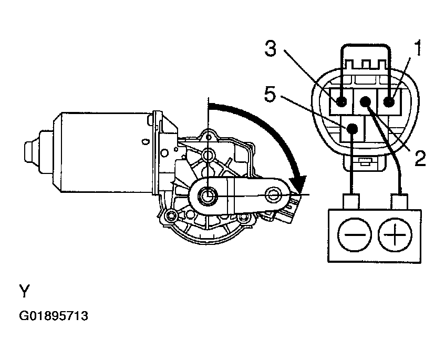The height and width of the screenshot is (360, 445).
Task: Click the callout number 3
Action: (x=270, y=48)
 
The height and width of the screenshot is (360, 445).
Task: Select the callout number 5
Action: (x=270, y=94)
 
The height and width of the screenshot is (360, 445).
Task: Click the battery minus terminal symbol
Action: (x=355, y=235)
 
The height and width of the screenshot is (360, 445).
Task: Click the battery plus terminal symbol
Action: (x=395, y=235)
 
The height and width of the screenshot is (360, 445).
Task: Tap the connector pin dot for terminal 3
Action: (x=341, y=101)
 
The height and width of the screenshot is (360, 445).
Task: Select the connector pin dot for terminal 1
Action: (x=389, y=101)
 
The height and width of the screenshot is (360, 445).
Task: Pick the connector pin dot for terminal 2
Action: (x=365, y=101)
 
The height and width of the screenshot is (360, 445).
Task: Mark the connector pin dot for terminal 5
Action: (x=352, y=128)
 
